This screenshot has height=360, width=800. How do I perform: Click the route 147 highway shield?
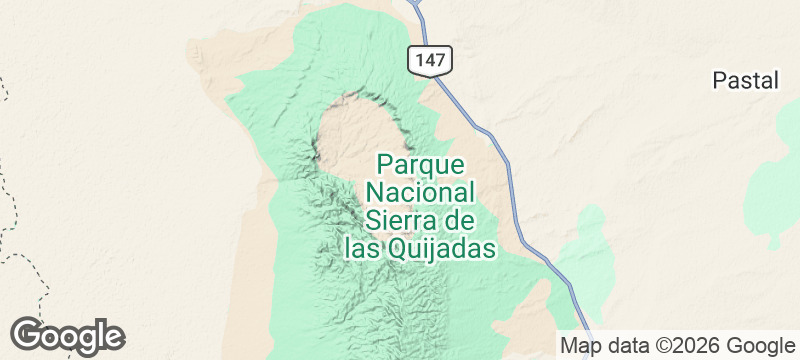pos(430,59)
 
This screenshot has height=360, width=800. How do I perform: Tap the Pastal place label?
pos(745,81)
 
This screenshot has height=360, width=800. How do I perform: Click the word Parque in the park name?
pos(419,163)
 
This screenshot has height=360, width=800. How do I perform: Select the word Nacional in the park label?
pos(419,191)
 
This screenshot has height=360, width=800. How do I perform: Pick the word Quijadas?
pos(441,247)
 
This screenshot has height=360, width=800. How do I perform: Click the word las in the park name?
pos(361,247)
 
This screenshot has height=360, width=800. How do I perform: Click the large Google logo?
pos(67,335)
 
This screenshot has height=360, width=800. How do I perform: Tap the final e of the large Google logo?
pos(113,337)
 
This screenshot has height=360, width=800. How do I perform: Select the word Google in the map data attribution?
pos(761,346)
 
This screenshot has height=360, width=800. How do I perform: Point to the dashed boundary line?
pos(12,200)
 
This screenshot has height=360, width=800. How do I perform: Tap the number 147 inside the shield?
pos(430,59)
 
